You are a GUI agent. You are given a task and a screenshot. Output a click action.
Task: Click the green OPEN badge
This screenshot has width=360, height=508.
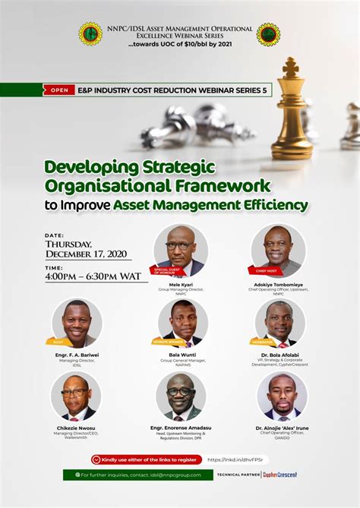[58, 89]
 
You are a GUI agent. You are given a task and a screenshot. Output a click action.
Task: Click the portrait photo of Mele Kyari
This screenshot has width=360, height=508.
[181, 250]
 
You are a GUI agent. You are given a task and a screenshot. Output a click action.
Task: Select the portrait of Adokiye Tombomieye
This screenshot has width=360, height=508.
[278, 250]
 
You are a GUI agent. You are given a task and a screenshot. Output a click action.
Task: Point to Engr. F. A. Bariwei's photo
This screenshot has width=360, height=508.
[77, 323]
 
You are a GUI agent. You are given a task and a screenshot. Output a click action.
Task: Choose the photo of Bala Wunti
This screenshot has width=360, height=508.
[182, 323]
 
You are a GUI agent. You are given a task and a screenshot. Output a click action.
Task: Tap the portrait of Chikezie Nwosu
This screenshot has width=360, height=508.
[75, 397]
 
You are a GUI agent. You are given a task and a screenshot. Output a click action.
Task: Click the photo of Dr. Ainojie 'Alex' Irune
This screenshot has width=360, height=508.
[282, 397]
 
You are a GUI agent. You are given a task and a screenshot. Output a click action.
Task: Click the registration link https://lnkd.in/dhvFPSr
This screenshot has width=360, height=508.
[237, 459]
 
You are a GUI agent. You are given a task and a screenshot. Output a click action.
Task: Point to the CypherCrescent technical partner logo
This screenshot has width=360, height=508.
[279, 475]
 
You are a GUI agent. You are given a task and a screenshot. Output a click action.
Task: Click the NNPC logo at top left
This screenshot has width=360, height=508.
[90, 33]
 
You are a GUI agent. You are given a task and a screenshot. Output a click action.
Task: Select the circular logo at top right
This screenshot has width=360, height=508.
[268, 33]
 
